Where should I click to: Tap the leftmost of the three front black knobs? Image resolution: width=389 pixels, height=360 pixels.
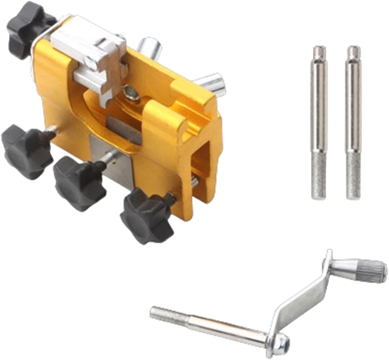click(26, 153)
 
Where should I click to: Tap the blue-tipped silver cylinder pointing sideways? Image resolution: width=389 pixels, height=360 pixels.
click(214, 84)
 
